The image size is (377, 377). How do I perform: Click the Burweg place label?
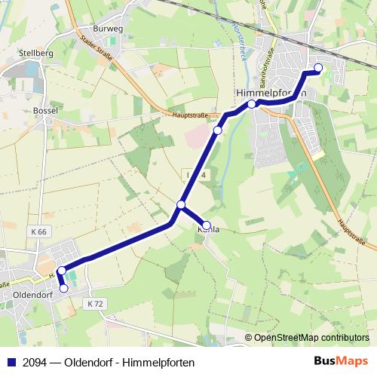(x=109, y=29)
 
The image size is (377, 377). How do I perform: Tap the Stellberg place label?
(x=35, y=54)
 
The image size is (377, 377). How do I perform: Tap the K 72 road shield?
(x=94, y=303)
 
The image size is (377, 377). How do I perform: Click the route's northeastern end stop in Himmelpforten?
(x=317, y=69)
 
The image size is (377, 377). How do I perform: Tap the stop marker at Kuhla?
(x=207, y=225)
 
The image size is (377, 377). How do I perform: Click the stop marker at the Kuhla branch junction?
(x=181, y=205)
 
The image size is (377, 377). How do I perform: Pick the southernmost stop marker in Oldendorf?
(x=64, y=287)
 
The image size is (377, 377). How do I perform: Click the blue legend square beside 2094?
(x=10, y=363)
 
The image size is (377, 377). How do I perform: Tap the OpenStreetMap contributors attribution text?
(x=311, y=338)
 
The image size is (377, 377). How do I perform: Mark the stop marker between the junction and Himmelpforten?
(x=218, y=131)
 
